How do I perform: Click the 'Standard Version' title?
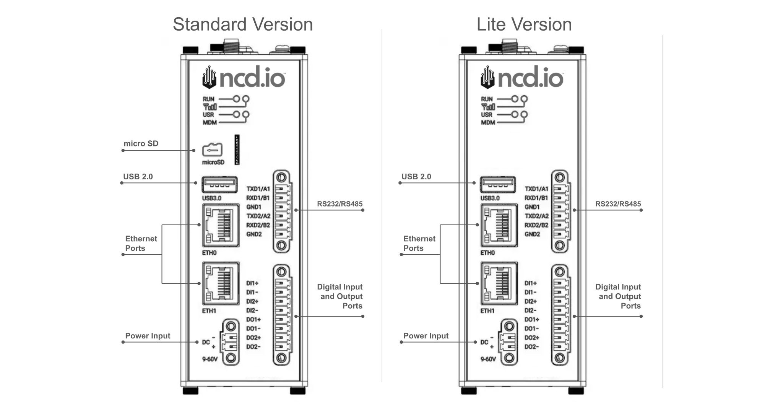243,24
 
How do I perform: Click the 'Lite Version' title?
524,24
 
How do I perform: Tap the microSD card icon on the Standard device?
212,150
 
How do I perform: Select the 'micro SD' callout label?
141,144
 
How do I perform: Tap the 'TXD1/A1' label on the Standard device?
258,189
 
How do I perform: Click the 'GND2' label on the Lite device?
532,234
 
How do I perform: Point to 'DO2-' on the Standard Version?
253,347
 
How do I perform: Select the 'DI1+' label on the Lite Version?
530,283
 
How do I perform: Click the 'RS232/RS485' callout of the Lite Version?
618,204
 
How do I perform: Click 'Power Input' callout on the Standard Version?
148,336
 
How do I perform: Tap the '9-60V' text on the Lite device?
488,359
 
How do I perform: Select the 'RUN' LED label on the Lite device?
487,99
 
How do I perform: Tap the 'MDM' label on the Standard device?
209,123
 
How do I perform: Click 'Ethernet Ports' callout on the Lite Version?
419,243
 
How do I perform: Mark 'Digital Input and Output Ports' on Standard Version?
340,296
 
